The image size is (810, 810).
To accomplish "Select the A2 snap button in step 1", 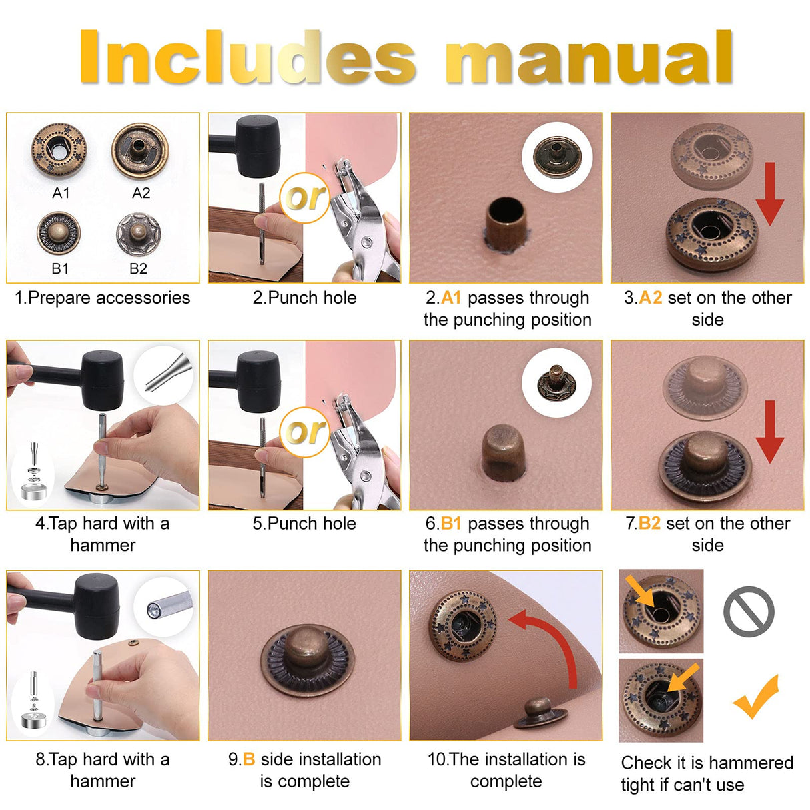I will coord(140,151).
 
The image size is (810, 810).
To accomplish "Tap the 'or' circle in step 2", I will coord(304,197).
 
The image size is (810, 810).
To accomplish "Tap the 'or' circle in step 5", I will coord(304,432).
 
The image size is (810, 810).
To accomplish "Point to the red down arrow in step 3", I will coord(770,193).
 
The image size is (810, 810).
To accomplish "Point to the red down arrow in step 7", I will coord(770,431).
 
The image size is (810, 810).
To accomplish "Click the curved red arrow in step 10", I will coord(554,641).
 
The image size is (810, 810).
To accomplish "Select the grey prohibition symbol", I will coord(749,612).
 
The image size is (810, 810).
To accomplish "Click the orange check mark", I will coord(757,697).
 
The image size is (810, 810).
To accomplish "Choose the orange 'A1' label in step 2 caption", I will coord(451,298).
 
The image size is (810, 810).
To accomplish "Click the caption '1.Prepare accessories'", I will coord(103,298).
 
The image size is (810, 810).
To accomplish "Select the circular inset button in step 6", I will coord(556,383).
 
